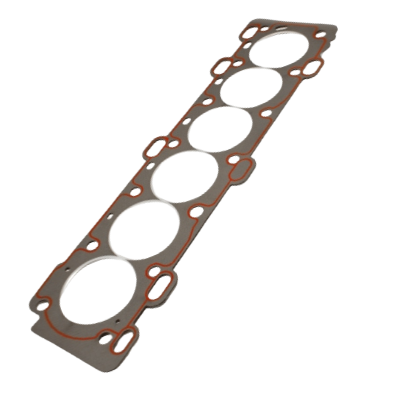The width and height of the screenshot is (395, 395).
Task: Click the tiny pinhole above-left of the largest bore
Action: [68, 267]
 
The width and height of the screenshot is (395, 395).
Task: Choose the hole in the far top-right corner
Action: [321, 35]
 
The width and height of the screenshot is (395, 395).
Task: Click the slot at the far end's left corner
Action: [249, 33]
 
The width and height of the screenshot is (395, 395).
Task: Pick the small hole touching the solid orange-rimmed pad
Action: [234, 159]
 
